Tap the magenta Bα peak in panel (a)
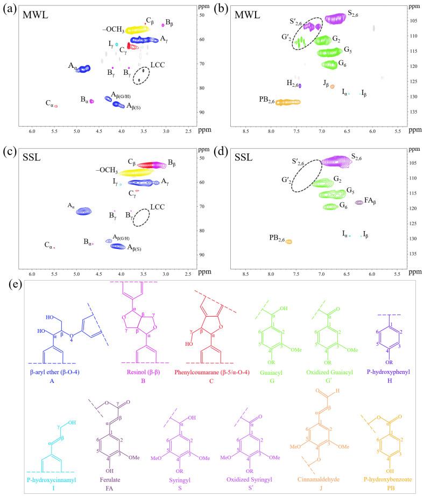click(92, 101)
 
